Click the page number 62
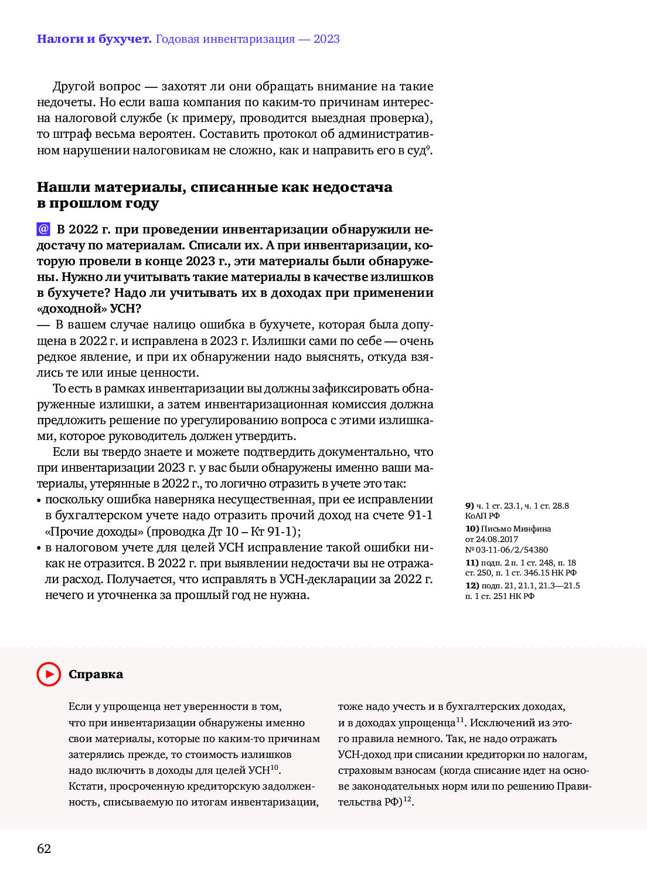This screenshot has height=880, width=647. (x=44, y=849)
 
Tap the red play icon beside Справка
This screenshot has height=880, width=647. (x=49, y=674)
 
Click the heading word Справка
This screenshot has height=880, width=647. (x=96, y=674)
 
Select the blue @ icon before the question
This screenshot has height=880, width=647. (x=43, y=229)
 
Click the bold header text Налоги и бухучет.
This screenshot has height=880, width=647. (x=94, y=39)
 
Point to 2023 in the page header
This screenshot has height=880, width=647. (x=326, y=39)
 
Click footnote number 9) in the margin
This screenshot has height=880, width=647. (x=469, y=506)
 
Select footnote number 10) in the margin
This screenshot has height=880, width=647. (x=472, y=529)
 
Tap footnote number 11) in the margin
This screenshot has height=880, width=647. (x=472, y=563)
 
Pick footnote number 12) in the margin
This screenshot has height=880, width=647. (x=472, y=585)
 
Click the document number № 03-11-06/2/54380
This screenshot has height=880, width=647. (x=507, y=550)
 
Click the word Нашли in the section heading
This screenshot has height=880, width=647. (x=63, y=187)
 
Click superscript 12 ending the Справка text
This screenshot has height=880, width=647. (x=407, y=799)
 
